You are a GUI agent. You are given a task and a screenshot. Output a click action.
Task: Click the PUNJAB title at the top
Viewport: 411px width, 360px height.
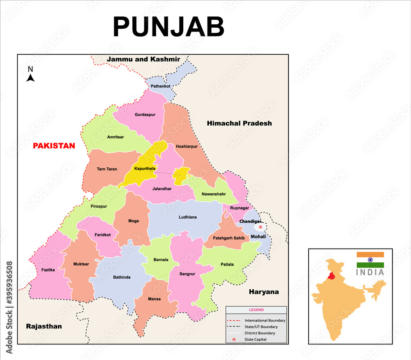point(169,27)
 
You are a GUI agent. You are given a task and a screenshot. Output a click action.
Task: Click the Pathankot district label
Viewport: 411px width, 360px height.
point(160,86)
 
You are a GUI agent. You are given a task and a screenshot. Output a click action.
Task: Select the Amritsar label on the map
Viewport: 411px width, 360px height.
point(115,137)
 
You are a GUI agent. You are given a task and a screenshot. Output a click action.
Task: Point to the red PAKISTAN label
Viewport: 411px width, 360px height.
point(54,146)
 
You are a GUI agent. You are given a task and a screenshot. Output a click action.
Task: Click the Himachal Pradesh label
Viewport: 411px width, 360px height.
point(239,123)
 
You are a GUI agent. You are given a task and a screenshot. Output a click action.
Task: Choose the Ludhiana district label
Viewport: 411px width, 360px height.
point(187,217)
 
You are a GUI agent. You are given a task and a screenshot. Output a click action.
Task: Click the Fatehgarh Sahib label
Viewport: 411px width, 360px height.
point(229,238)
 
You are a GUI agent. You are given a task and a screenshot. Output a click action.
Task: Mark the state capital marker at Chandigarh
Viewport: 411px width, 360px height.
point(261,227)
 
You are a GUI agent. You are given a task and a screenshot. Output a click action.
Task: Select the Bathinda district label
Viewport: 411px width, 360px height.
point(122,277)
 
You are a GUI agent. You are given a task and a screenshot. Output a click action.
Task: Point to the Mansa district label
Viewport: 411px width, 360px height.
point(155,299)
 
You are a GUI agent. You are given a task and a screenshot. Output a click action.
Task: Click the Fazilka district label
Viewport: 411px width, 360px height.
point(48,270)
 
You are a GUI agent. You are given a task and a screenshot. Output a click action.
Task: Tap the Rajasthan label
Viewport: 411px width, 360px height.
point(44,326)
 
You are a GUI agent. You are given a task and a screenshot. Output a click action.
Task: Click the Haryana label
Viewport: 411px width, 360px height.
point(263,292)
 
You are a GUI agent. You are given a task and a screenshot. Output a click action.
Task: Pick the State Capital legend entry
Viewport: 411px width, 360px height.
point(256,339)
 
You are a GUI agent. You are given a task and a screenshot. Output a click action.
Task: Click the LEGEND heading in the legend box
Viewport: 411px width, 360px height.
point(256,310)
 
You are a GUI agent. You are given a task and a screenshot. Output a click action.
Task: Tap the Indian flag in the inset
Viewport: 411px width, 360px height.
point(370,260)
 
